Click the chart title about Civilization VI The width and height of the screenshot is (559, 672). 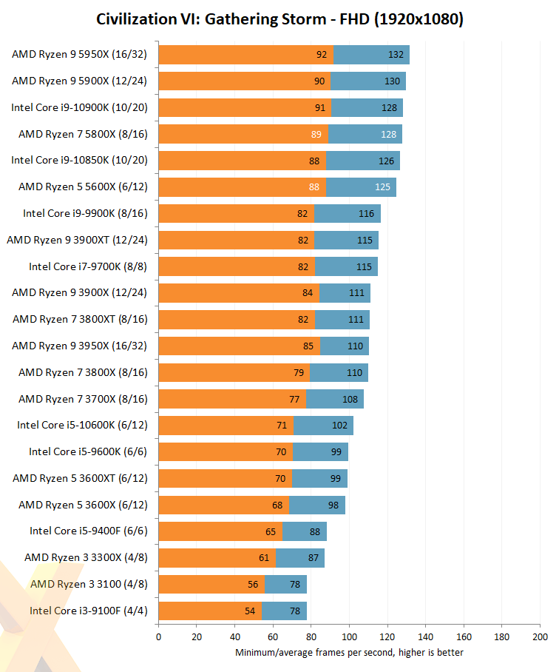pyautogui.click(x=279, y=19)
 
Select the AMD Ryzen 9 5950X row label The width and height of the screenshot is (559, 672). pyautogui.click(x=79, y=55)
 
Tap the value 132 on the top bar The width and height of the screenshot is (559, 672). pyautogui.click(x=396, y=55)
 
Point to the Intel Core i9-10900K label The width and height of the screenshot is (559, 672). pyautogui.click(x=79, y=107)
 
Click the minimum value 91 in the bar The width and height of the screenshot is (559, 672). pyautogui.click(x=320, y=107)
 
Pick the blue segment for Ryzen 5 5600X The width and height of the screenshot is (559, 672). pyautogui.click(x=361, y=187)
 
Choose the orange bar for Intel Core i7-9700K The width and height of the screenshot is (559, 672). pyautogui.click(x=237, y=266)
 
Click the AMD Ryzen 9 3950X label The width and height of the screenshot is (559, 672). pyautogui.click(x=79, y=346)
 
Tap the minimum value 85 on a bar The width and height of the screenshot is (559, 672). pyautogui.click(x=309, y=346)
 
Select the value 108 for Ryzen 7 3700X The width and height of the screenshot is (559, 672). pyautogui.click(x=350, y=399)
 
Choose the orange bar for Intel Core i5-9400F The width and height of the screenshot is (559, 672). pyautogui.click(x=220, y=531)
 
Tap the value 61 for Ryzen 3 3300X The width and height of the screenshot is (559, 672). pyautogui.click(x=263, y=558)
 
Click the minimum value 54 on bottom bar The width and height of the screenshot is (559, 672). pyautogui.click(x=250, y=611)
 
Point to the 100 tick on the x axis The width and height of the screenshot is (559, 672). pyautogui.click(x=349, y=636)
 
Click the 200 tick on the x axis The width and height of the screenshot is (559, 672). pyautogui.click(x=540, y=636)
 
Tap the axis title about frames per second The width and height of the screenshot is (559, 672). pyautogui.click(x=349, y=652)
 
